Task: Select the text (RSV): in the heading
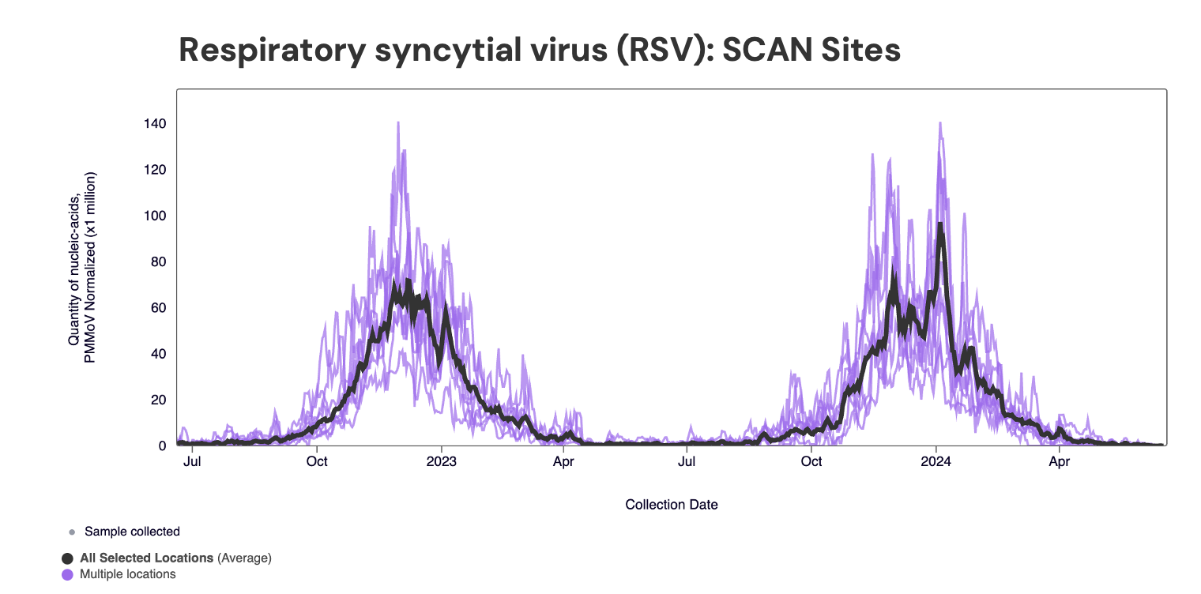point(649,50)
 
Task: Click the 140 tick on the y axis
point(154,124)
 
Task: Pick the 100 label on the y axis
point(154,216)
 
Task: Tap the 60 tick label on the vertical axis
point(157,308)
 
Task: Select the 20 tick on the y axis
point(157,400)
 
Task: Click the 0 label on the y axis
point(162,445)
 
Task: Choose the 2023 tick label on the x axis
point(441,461)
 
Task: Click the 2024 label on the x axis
point(936,461)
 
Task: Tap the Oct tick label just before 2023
point(318,461)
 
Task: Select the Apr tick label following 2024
point(1060,461)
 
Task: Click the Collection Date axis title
point(672,504)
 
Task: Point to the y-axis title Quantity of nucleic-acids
point(73,269)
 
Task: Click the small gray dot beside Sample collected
point(72,532)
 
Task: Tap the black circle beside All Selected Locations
point(67,558)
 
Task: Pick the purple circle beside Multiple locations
point(67,574)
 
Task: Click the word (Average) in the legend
point(244,558)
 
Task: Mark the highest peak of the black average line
point(940,224)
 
